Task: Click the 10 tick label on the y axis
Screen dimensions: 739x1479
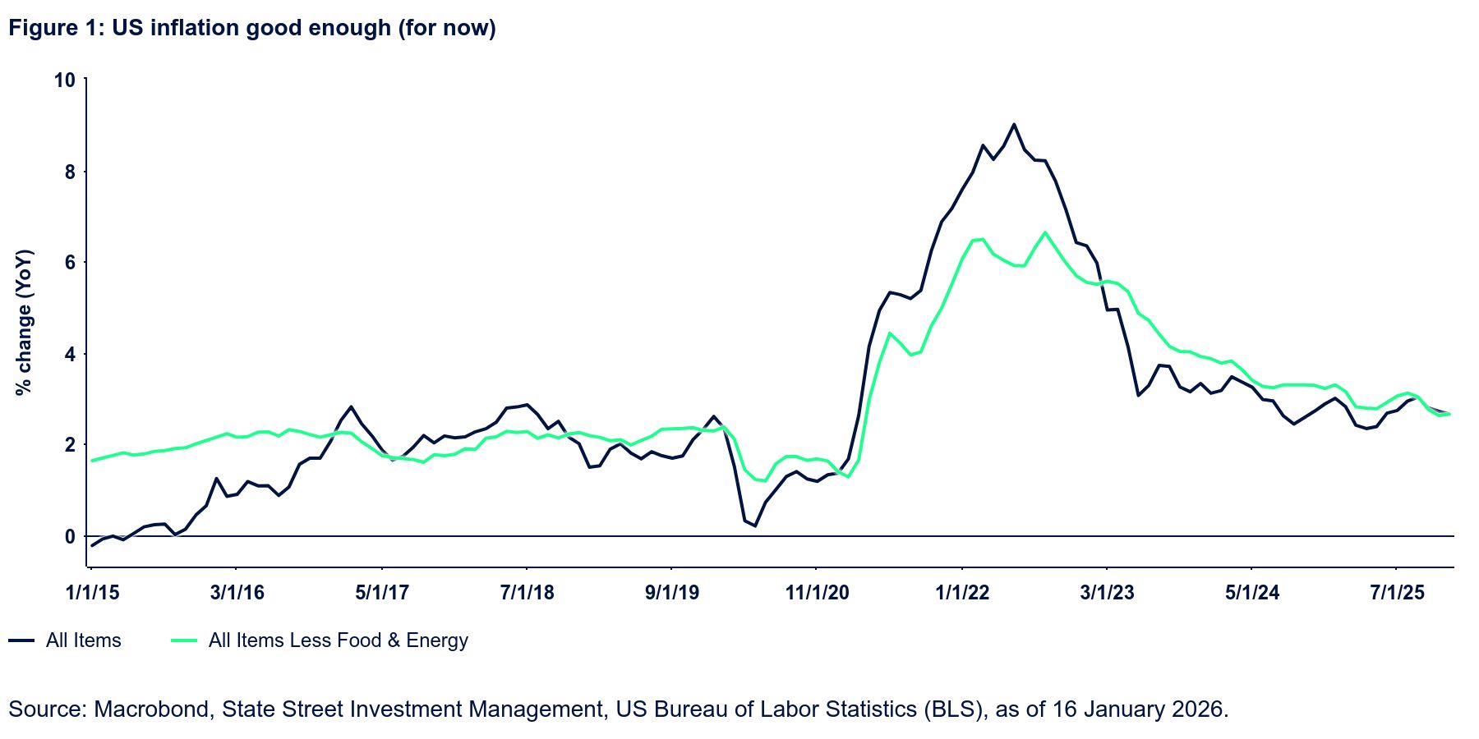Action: (x=64, y=80)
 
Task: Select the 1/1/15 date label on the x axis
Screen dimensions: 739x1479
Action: (x=92, y=592)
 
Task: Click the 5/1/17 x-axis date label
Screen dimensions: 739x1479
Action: (x=382, y=592)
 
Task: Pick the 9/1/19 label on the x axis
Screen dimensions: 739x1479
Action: (x=672, y=592)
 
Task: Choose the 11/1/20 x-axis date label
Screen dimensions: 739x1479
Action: (x=817, y=592)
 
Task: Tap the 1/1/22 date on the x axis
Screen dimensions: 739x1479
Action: (x=962, y=592)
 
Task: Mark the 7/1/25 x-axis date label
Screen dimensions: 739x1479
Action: (x=1397, y=592)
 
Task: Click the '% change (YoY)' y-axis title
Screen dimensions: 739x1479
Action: (x=25, y=322)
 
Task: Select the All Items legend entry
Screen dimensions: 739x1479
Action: (x=83, y=640)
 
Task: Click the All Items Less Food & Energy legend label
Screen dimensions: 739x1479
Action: (x=338, y=640)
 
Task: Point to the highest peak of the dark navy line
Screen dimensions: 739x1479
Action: (x=1014, y=125)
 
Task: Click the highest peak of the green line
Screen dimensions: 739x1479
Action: (x=1045, y=232)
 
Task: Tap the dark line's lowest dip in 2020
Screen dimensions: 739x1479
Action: (x=754, y=526)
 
